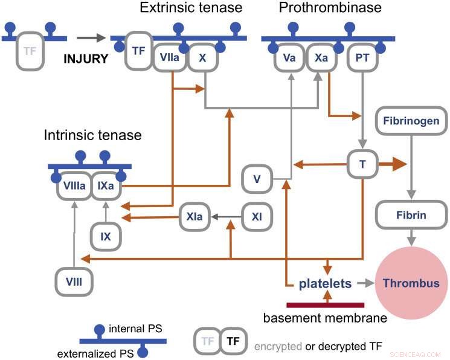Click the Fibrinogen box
(410, 121)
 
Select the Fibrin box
(411, 215)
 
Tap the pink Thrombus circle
(411, 283)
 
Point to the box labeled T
(361, 164)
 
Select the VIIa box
(170, 57)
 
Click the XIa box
(194, 215)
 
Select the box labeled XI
(257, 215)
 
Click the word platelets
(326, 283)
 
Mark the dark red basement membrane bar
(326, 304)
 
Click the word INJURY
(86, 59)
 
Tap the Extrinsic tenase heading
(191, 8)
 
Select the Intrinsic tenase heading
(92, 135)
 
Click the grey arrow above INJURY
(91, 38)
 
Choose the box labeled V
(257, 179)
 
